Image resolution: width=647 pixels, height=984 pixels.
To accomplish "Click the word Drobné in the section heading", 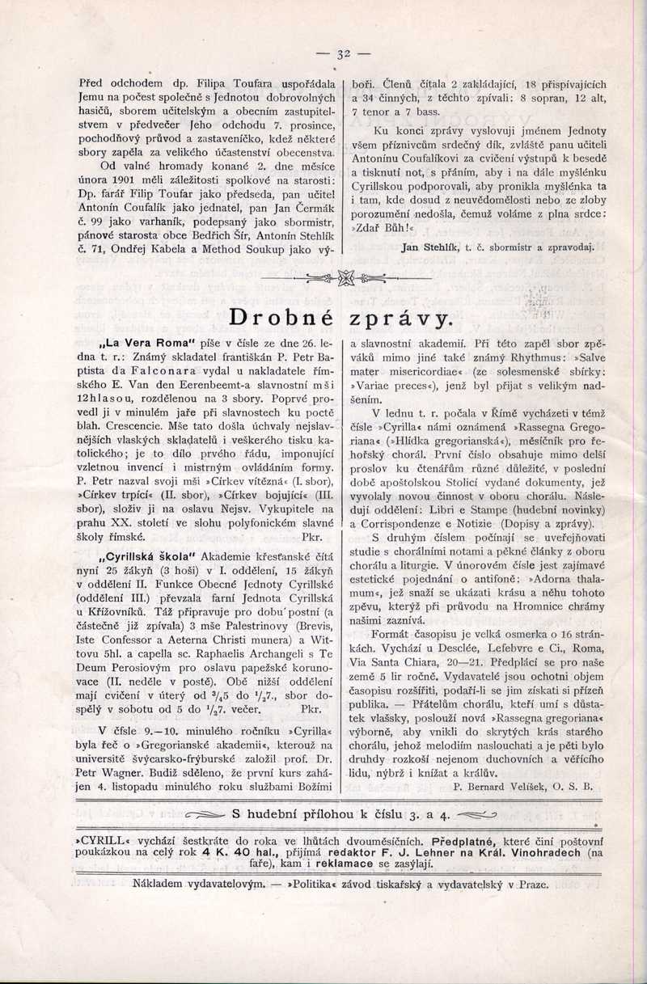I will click(279, 317).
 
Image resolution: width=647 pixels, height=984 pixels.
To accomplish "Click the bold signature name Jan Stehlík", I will click(435, 247).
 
